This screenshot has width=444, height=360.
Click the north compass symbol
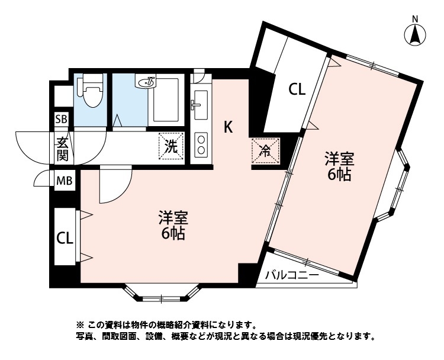click(x=416, y=34)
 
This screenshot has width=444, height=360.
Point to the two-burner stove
click(x=201, y=144)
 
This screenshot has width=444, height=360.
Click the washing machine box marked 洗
click(x=170, y=146)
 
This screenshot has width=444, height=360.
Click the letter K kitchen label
click(x=228, y=126)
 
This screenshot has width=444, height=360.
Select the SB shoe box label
click(x=62, y=120)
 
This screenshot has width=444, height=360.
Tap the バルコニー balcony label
click(x=291, y=275)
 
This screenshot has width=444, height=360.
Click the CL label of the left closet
click(x=65, y=238)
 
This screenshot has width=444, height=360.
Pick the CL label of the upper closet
click(x=297, y=90)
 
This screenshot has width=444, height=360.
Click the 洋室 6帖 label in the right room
click(x=340, y=166)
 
